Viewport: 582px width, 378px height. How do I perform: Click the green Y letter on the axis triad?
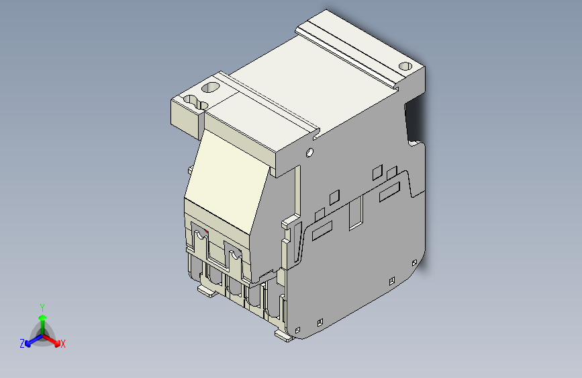coord(42,306)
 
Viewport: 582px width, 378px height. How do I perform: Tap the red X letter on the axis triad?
coord(63,344)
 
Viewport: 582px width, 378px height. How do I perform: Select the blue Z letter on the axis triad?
coord(22,343)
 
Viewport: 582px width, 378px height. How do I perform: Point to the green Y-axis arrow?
coord(42,319)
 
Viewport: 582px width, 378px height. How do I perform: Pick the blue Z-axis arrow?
coord(31,340)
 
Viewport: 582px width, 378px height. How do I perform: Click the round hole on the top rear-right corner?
coord(405,67)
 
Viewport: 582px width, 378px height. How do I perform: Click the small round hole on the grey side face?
coord(309,152)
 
